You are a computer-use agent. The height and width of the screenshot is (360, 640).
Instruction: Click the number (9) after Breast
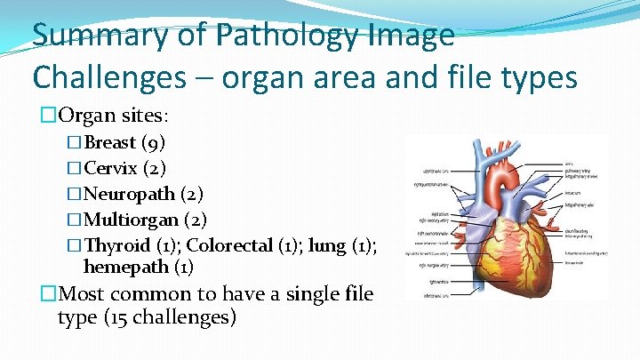pos(153,142)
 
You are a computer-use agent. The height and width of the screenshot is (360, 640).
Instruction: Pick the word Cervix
pos(110,167)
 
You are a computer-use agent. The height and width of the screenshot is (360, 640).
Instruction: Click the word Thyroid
pos(117,244)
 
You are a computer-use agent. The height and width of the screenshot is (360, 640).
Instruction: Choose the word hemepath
pos(124,266)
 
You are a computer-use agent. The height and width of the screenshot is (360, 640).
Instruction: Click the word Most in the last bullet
pos(83,294)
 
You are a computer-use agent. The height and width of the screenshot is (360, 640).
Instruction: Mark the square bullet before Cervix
pos(75,168)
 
